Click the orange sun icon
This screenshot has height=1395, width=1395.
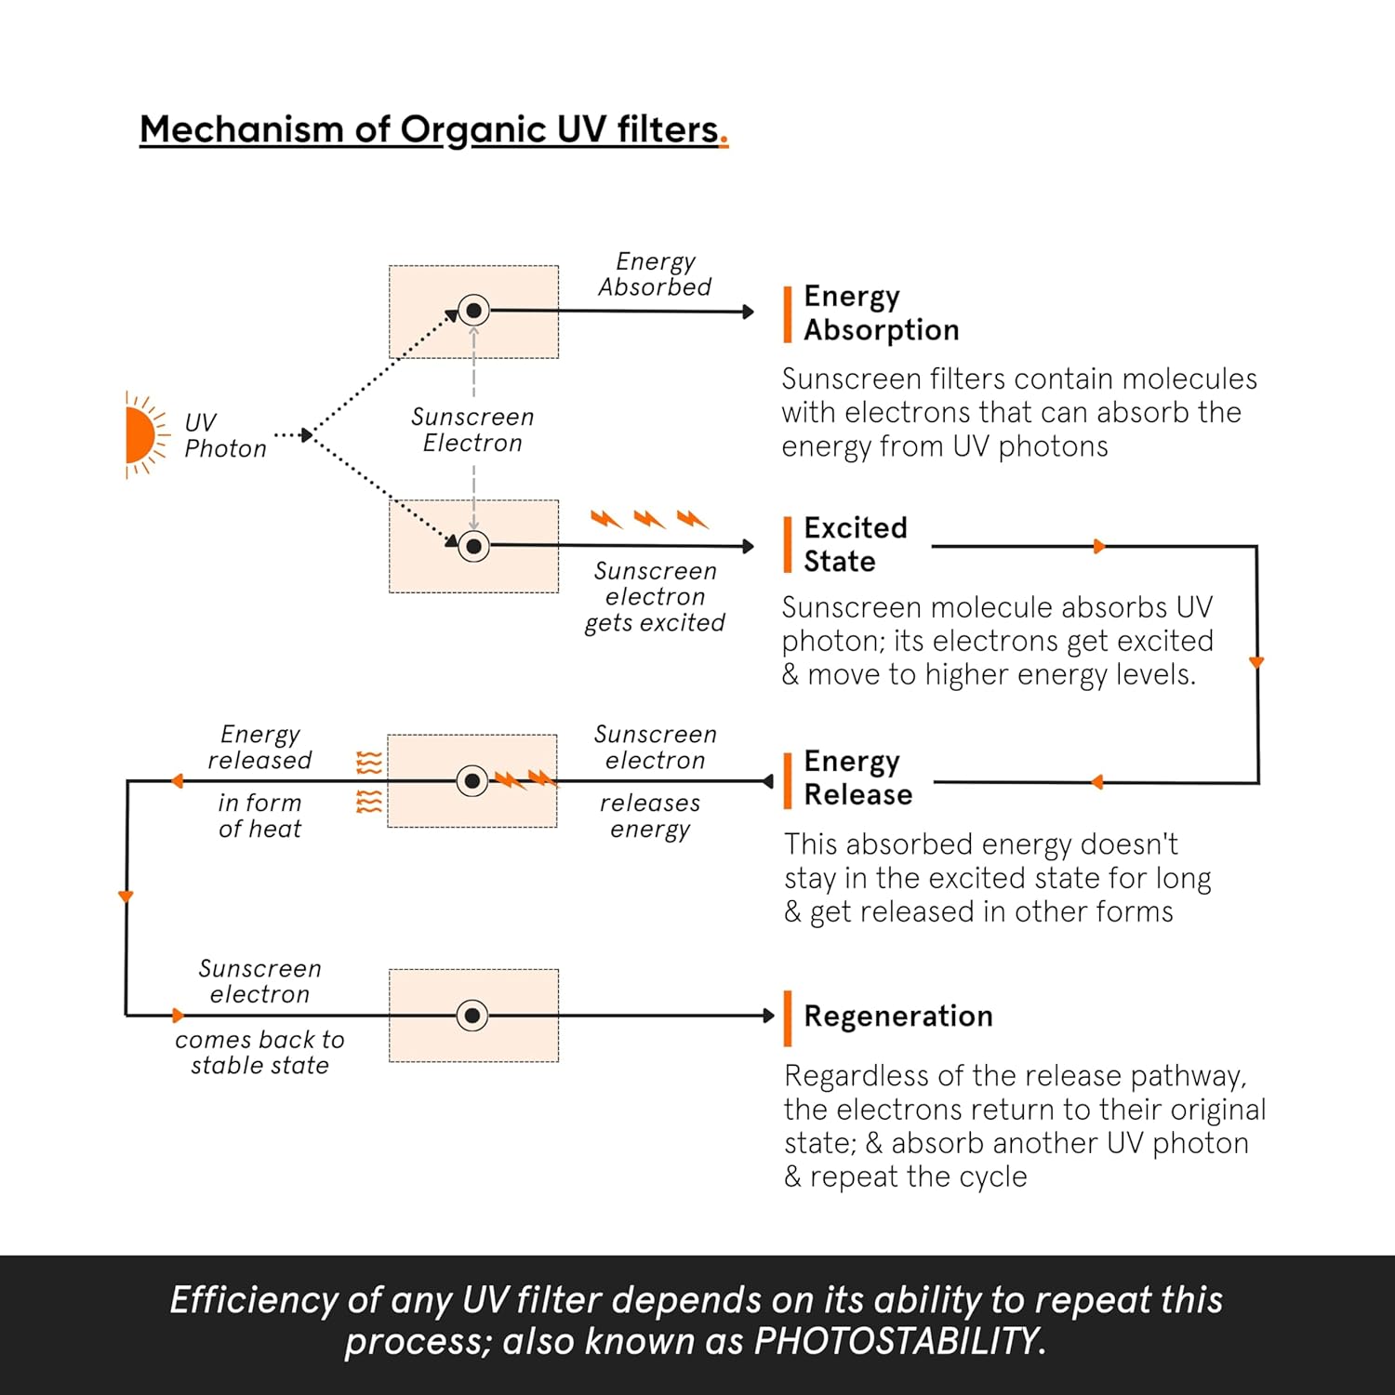tap(140, 435)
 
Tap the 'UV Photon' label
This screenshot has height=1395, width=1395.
tap(225, 435)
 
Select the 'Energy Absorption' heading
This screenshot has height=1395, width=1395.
tap(880, 312)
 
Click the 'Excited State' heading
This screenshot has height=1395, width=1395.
tap(855, 544)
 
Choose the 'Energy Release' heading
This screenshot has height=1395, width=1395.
tap(857, 777)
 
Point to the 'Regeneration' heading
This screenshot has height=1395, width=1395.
tap(897, 1016)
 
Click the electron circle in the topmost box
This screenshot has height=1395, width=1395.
tap(473, 311)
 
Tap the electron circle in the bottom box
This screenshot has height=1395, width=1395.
tap(472, 1016)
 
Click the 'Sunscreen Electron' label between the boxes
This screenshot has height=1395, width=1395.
tap(472, 430)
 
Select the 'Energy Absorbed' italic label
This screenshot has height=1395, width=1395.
tap(655, 274)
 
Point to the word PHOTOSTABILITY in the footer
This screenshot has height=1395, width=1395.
tap(898, 1341)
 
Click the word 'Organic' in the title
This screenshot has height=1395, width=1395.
tap(472, 130)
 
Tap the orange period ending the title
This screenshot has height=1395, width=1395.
tap(724, 141)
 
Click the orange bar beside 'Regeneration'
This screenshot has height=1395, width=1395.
tap(788, 1017)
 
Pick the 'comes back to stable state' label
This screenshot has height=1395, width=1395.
tap(259, 1052)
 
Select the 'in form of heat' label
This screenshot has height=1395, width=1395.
tap(259, 816)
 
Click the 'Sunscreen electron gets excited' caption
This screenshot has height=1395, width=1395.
tap(655, 596)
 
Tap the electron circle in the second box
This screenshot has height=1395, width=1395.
tap(473, 546)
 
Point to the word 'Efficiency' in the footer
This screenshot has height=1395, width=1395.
tap(251, 1300)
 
